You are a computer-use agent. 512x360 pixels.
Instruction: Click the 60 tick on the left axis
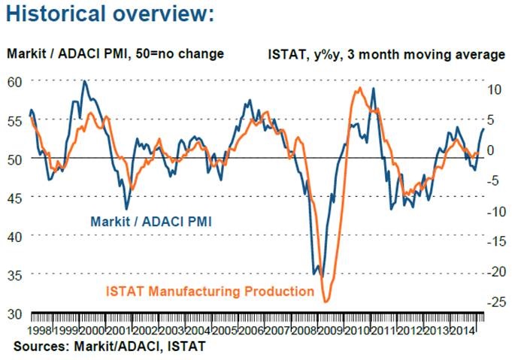pyautogui.click(x=15, y=80)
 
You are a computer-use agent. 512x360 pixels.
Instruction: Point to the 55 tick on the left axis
pyautogui.click(x=15, y=119)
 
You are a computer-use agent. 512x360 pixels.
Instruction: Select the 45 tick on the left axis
pyautogui.click(x=15, y=197)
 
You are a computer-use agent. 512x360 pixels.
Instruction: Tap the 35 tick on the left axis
pyautogui.click(x=15, y=274)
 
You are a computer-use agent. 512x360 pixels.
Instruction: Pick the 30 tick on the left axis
pyautogui.click(x=15, y=313)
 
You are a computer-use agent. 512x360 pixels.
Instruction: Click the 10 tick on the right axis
pyautogui.click(x=492, y=89)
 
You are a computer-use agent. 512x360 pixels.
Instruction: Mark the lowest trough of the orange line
pyautogui.click(x=326, y=302)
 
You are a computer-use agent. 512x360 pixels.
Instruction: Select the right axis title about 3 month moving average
pyautogui.click(x=386, y=55)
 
